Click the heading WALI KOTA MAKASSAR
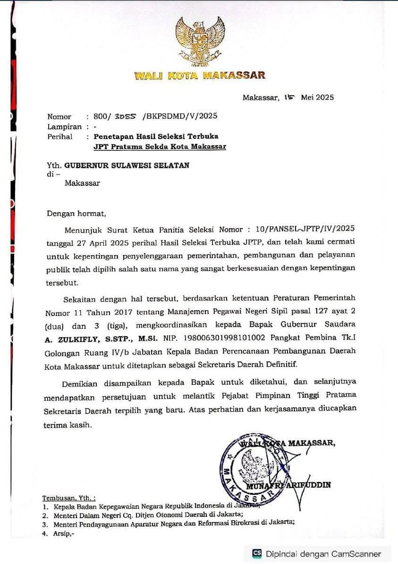[x=199, y=75]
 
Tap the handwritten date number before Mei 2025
[x=289, y=97]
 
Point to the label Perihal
[x=59, y=137]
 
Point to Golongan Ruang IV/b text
[x=94, y=352]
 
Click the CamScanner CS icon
[x=257, y=553]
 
